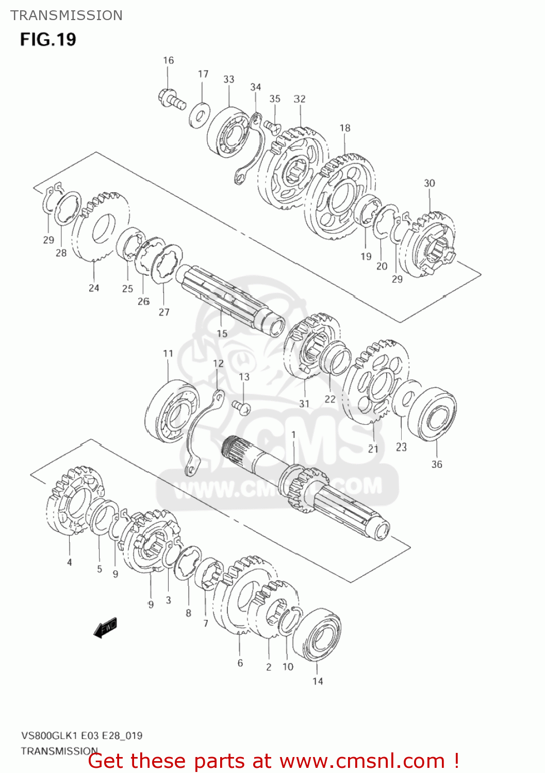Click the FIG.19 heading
click(x=48, y=40)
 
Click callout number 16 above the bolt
click(x=169, y=60)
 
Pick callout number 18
click(x=345, y=127)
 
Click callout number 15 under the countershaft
click(x=222, y=333)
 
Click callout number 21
click(x=373, y=449)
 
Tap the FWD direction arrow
click(x=106, y=628)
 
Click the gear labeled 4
click(x=75, y=500)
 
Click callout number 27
click(x=164, y=312)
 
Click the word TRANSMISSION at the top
click(x=67, y=15)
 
